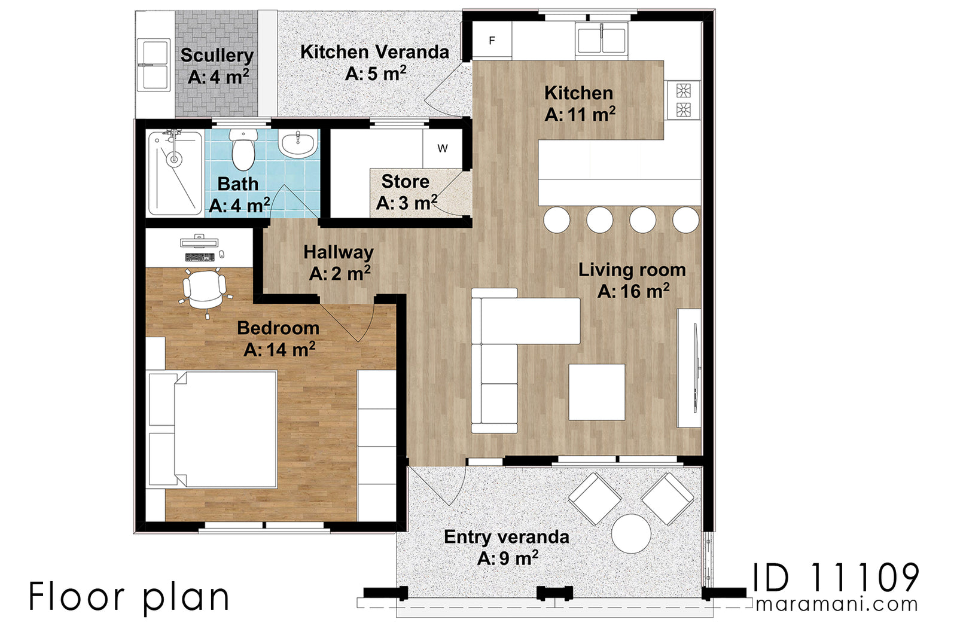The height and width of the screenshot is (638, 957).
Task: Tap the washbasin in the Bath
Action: pos(297,145)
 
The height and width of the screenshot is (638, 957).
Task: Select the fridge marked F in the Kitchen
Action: pos(492,41)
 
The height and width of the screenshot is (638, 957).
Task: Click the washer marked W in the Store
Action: pos(442,148)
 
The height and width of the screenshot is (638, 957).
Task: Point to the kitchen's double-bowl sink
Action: pos(602,40)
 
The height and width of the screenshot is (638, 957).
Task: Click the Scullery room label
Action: pos(217,56)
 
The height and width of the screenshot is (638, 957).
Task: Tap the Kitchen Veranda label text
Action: pos(374,53)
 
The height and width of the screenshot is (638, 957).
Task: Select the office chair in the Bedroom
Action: pos(204,289)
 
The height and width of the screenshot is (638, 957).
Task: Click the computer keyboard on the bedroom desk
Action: pos(200,258)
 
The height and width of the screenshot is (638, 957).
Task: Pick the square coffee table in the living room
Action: pos(596,392)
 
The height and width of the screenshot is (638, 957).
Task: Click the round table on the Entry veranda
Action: pos(631,533)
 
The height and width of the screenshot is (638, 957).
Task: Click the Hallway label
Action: pos(338,252)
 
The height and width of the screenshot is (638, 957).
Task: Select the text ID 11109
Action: pos(835,578)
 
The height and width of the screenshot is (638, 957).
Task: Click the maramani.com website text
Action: pos(836,604)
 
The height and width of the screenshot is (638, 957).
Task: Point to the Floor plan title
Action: pos(129,597)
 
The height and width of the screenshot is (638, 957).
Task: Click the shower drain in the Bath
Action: pos(173,159)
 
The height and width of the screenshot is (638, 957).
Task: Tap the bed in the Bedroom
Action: pos(215,429)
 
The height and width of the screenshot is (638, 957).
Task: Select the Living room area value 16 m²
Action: pos(633,292)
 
